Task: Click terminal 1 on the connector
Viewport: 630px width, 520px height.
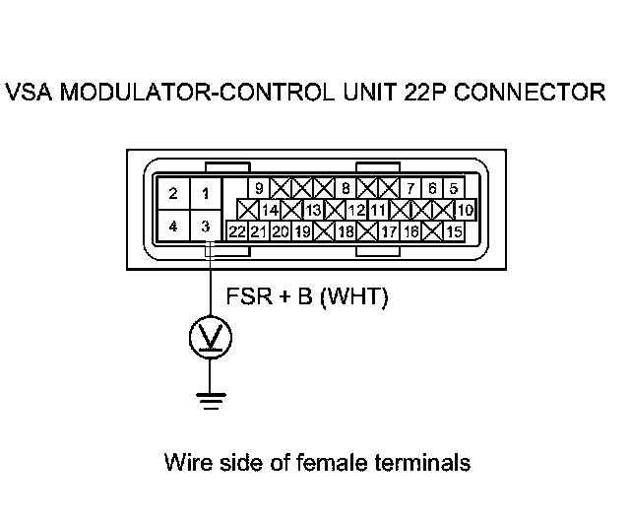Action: click(x=206, y=193)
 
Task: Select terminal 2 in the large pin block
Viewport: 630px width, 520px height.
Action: click(x=173, y=193)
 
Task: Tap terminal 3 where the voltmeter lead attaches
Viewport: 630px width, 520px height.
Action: click(x=206, y=226)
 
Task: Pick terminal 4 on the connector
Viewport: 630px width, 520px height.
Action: click(x=173, y=226)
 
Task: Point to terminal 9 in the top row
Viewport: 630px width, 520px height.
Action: click(x=259, y=188)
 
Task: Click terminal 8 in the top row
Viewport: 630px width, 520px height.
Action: click(x=346, y=188)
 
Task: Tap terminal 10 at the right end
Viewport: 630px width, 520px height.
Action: click(x=466, y=210)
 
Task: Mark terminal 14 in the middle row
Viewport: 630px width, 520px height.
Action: click(x=270, y=210)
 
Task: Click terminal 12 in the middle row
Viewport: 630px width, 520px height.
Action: click(x=356, y=210)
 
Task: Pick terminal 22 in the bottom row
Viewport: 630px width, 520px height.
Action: click(x=237, y=231)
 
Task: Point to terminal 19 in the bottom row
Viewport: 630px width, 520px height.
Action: click(x=302, y=231)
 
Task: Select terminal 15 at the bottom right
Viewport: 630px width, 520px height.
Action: click(x=454, y=231)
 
